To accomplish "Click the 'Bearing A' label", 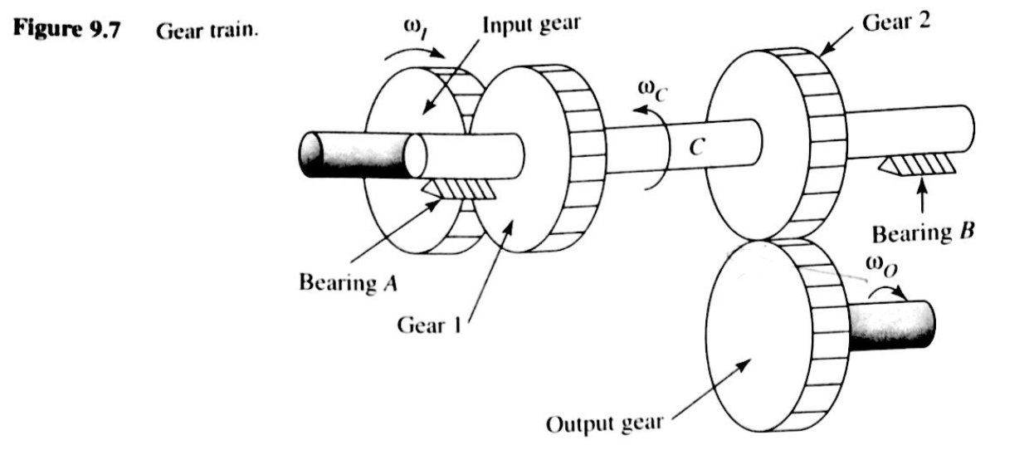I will pos(348,282).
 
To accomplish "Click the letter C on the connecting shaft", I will pos(697,148).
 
